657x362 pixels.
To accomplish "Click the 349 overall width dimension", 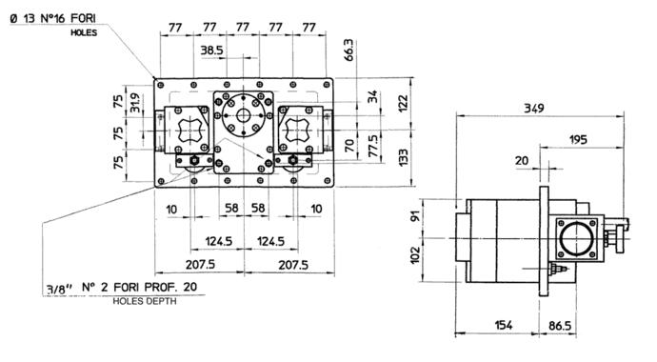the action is tap(534, 108).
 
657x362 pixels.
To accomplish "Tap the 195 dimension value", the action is tap(578, 139).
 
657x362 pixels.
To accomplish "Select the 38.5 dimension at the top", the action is tap(211, 50).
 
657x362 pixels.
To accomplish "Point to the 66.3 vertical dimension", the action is tap(349, 50).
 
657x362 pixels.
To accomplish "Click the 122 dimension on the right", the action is tap(403, 104).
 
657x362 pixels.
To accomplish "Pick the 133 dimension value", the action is tap(403, 157).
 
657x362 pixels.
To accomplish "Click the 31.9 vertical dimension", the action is tap(135, 103).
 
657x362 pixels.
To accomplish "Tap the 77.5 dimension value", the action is tap(373, 146).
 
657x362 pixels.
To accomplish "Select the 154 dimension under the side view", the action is tap(504, 325).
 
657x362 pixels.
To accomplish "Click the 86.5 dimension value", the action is tap(560, 326).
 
